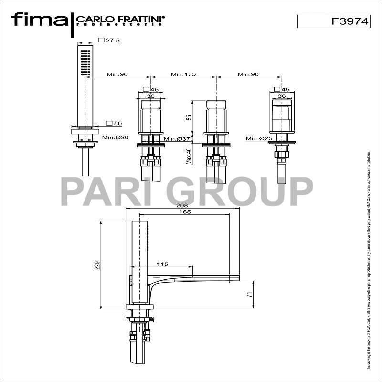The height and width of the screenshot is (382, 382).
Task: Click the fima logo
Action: click(x=39, y=20)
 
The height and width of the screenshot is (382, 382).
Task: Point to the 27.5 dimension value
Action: click(x=113, y=41)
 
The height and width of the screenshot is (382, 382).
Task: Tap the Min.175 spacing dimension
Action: click(x=183, y=74)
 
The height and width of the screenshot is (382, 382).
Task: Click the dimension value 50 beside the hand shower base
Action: click(x=117, y=123)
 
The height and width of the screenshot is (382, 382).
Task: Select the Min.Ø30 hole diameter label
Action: click(x=116, y=138)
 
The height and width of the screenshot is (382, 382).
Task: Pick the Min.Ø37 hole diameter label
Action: click(x=177, y=139)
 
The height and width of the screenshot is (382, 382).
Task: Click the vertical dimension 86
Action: click(x=189, y=117)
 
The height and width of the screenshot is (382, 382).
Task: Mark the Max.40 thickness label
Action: click(x=189, y=156)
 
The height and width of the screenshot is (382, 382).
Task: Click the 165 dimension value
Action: click(x=182, y=212)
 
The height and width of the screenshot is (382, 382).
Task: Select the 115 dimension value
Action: click(x=162, y=264)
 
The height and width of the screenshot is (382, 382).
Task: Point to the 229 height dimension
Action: click(x=97, y=265)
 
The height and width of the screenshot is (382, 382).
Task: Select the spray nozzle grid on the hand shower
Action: click(x=85, y=62)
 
